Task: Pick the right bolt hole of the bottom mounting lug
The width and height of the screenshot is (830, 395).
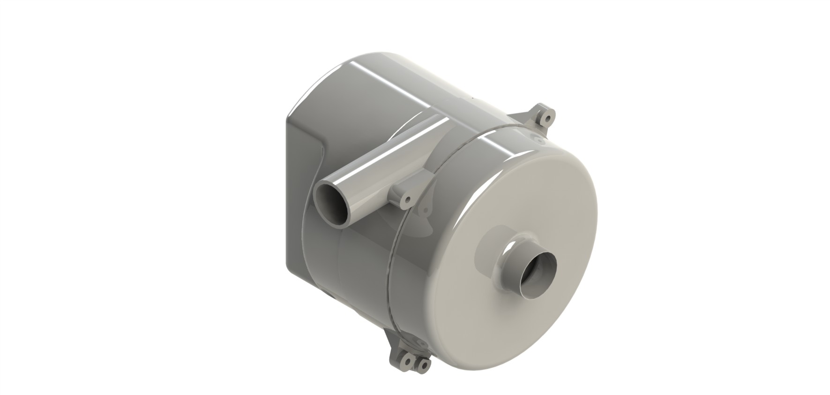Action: coord(424,365)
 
